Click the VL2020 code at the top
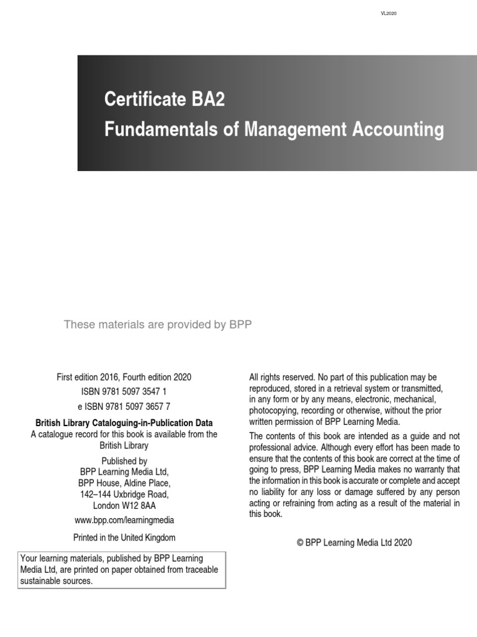click(x=388, y=14)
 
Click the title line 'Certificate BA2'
click(x=165, y=100)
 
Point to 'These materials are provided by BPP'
click(x=158, y=325)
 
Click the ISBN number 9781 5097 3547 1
click(x=124, y=391)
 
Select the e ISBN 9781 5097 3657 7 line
click(x=124, y=406)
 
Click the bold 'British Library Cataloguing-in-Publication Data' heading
click(x=124, y=423)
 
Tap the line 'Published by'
click(x=124, y=461)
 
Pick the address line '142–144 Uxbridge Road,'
click(x=124, y=495)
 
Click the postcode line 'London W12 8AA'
click(x=124, y=506)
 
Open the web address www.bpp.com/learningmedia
click(x=124, y=520)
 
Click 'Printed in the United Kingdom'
click(x=124, y=537)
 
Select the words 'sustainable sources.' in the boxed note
click(x=57, y=581)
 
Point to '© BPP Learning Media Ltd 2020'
click(x=354, y=542)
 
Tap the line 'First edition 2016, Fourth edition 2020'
click(x=124, y=377)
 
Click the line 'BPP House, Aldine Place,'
click(x=124, y=483)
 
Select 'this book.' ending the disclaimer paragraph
click(x=266, y=514)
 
